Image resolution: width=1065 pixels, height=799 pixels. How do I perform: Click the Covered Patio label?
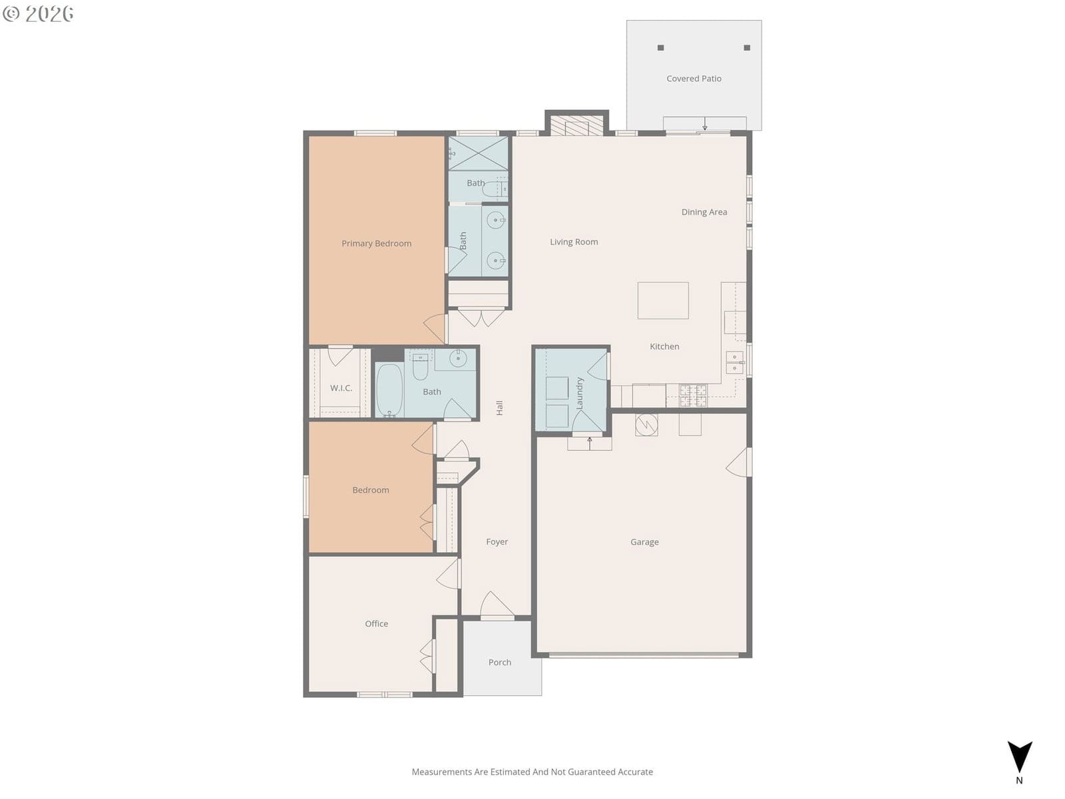[x=694, y=79]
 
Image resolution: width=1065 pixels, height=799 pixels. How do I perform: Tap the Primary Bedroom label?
[x=376, y=244]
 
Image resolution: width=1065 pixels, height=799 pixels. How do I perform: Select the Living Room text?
[x=574, y=242]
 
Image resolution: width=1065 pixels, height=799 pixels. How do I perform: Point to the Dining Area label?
[x=704, y=212]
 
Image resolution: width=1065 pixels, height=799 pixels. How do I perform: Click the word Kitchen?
[x=664, y=346]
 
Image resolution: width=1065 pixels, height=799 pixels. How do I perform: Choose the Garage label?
[x=644, y=542]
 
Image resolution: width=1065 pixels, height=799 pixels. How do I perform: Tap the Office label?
[x=376, y=623]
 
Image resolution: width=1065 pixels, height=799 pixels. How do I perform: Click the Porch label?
[x=499, y=663]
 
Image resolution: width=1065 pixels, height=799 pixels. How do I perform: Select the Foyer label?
[x=497, y=541]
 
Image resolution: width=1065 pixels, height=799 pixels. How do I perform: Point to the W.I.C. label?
[x=341, y=388]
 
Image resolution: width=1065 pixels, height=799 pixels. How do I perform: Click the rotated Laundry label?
[x=579, y=394]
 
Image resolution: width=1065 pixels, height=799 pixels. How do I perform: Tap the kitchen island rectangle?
[x=663, y=300]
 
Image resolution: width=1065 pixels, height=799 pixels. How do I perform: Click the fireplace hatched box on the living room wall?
[x=576, y=125]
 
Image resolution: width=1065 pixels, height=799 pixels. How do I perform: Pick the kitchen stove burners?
[x=693, y=396]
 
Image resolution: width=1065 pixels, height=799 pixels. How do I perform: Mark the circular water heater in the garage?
[x=646, y=425]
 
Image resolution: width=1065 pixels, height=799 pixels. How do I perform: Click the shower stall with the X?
[x=478, y=153]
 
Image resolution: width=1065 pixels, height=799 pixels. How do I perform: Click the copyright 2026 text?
[x=38, y=13]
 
